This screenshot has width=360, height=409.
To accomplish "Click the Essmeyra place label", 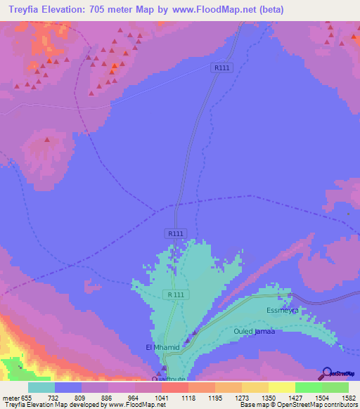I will pos(283,310).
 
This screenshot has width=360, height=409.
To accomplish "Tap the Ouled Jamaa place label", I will pos(254,330).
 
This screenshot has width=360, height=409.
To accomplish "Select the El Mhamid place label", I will pos(163,347).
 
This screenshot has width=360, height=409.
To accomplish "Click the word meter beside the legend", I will pos(10,397).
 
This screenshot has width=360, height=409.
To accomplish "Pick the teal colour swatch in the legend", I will pos(41,387).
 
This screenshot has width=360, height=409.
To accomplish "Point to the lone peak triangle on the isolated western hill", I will pos(47,139).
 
